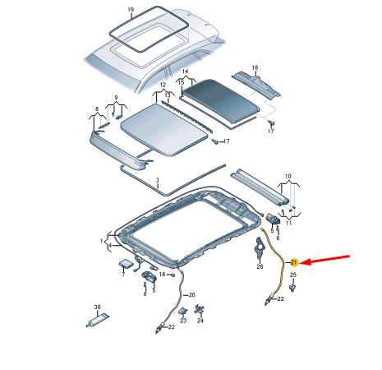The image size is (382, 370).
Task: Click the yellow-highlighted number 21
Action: (293, 262)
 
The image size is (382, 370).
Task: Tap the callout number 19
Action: (131, 10)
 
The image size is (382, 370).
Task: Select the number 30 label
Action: (97, 308)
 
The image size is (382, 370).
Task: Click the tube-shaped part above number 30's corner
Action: (98, 320)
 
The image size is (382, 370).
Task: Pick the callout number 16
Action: (255, 67)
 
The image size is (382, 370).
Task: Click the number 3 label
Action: (157, 180)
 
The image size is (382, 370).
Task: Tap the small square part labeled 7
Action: (126, 263)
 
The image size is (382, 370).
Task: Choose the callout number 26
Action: (260, 266)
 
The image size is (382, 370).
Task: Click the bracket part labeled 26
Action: (259, 248)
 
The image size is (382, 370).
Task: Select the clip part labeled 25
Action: (292, 288)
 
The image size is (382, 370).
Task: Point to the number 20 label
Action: (192, 295)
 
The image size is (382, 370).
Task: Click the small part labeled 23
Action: (183, 312)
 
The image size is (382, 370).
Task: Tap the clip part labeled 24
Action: (200, 310)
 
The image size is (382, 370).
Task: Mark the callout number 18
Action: (163, 274)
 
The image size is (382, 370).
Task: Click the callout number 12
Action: (163, 85)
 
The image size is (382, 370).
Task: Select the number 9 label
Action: (116, 98)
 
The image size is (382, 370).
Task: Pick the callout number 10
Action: (288, 176)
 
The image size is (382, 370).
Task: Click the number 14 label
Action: (185, 72)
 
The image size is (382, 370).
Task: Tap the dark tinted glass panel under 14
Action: (220, 100)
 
